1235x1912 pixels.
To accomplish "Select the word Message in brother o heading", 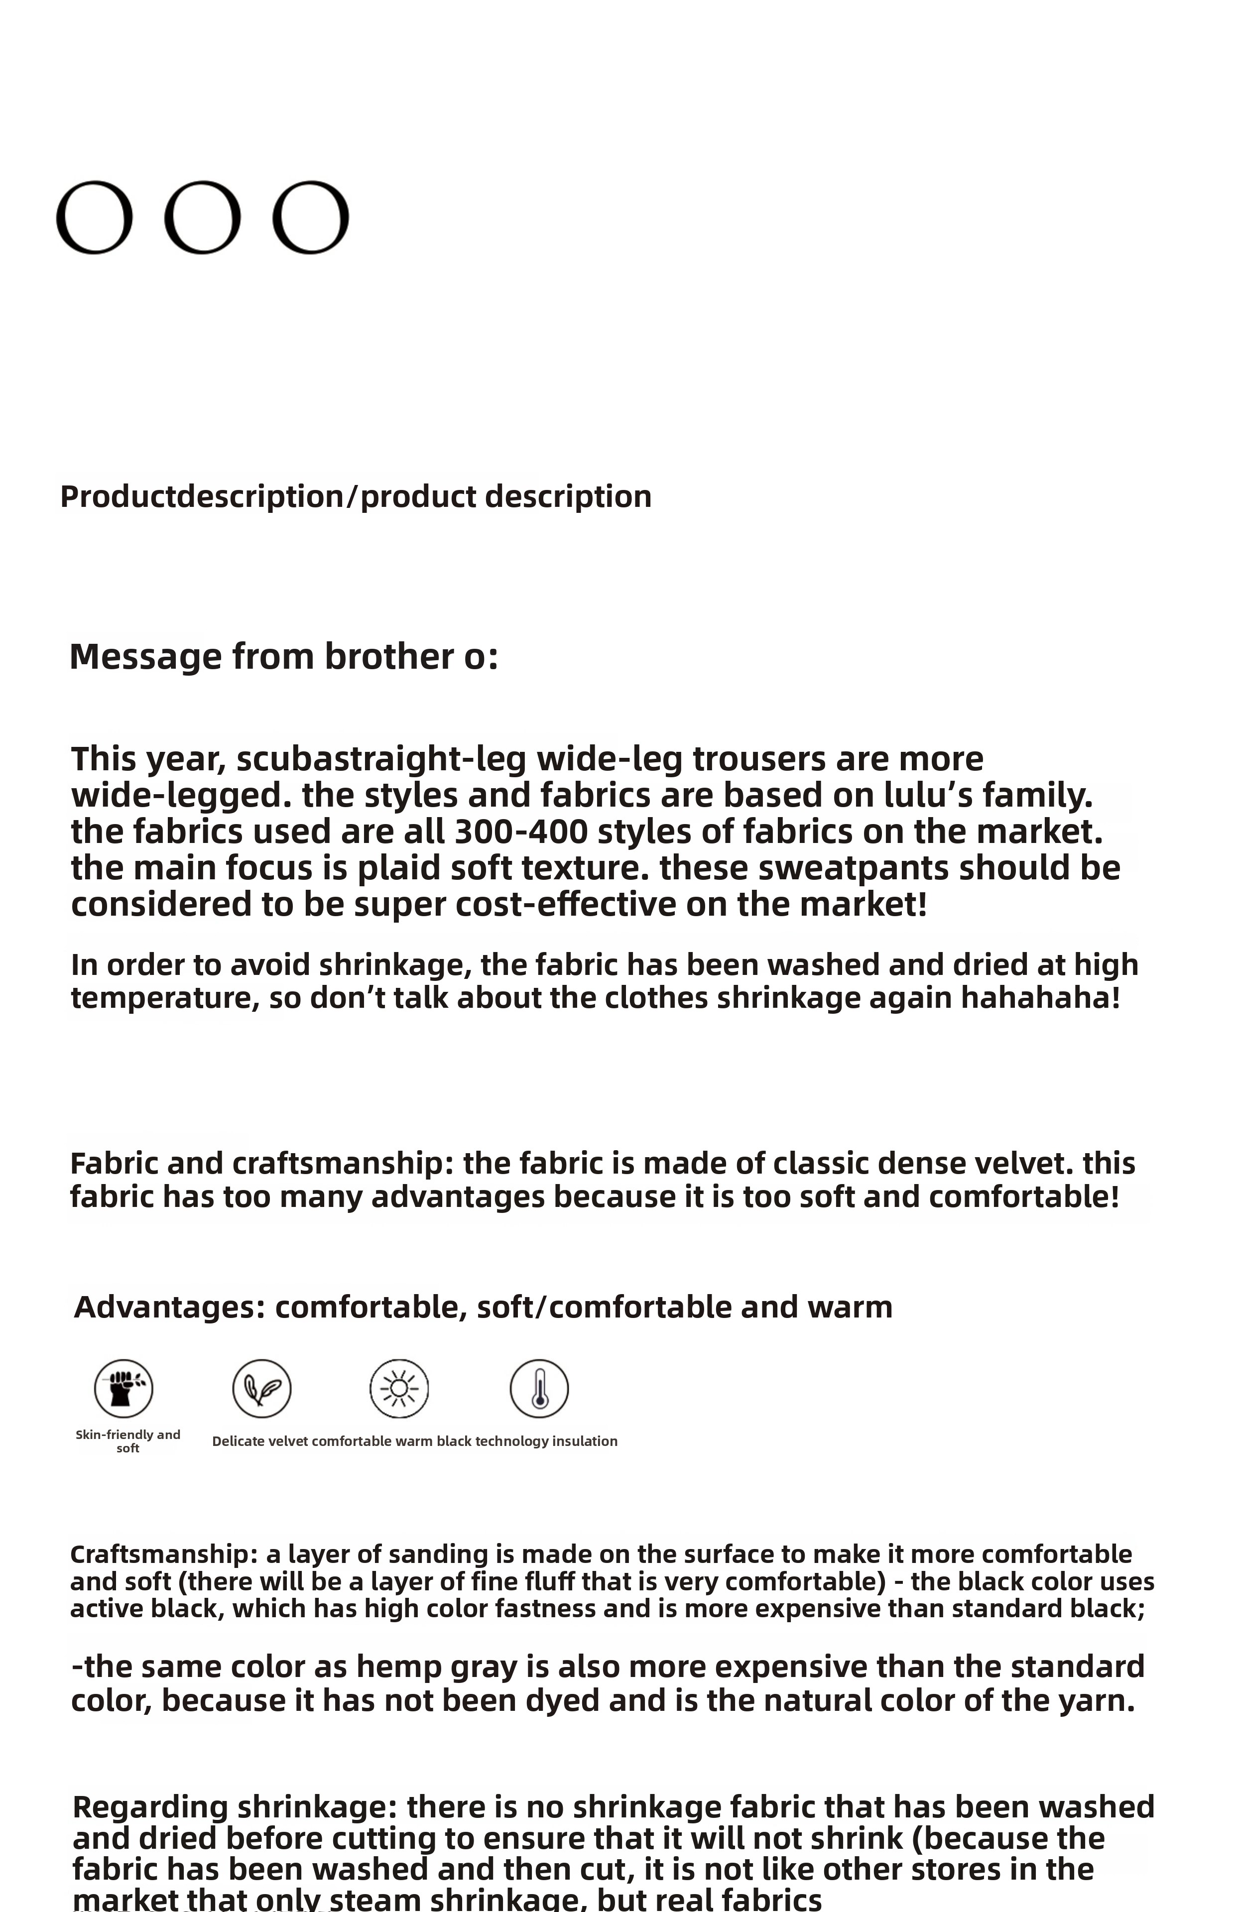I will (x=145, y=657).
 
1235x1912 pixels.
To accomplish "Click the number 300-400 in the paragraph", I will (x=521, y=832).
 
